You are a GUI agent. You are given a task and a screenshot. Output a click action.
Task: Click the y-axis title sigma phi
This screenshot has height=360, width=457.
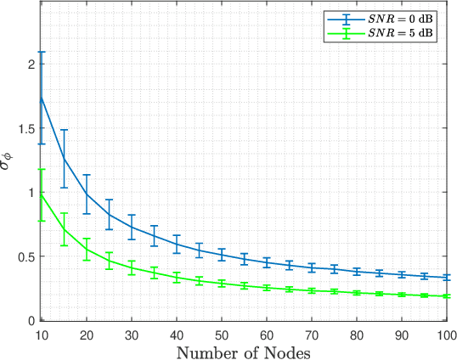click(9, 163)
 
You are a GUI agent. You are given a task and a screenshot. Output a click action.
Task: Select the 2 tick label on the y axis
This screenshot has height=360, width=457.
click(30, 65)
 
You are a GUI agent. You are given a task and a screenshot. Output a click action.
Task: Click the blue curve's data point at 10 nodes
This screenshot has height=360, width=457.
click(41, 97)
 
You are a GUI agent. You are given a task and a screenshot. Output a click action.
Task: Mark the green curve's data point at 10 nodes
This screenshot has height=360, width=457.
click(41, 194)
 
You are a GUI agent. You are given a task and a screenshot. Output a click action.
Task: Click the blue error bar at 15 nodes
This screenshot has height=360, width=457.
click(64, 159)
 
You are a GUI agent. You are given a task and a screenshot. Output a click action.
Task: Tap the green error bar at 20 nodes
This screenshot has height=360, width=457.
click(86, 249)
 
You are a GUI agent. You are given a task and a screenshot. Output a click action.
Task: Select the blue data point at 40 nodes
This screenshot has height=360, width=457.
click(177, 244)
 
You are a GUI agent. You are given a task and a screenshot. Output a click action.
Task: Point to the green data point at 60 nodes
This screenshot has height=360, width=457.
click(267, 288)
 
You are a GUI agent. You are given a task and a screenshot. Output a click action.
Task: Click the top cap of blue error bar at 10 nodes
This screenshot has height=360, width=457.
click(41, 52)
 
